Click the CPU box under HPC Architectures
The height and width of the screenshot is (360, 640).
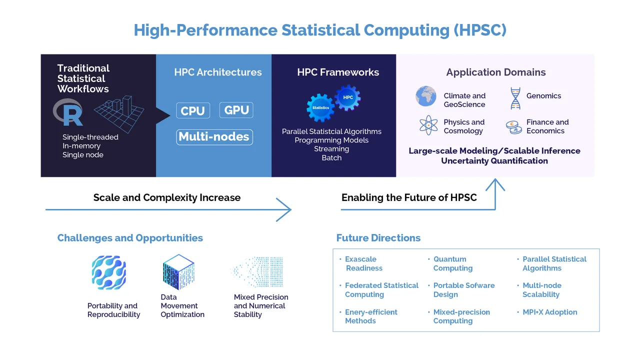193,110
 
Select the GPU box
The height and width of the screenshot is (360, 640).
236,110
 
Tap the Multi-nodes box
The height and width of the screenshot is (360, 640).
214,137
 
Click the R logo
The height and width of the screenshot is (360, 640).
68,112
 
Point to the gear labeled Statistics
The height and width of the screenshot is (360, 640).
320,107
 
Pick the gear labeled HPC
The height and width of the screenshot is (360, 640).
347,97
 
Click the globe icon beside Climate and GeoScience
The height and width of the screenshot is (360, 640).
425,96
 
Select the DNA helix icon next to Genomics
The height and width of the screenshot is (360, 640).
515,98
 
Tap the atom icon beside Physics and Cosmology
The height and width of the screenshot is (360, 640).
428,125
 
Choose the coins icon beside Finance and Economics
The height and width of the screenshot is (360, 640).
514,127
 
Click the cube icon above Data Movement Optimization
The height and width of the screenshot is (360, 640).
178,272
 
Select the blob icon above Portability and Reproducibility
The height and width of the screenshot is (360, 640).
109,272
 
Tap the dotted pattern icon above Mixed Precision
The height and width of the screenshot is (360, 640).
257,272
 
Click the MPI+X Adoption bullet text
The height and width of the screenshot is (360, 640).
549,312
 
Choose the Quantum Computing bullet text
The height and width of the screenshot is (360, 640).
453,263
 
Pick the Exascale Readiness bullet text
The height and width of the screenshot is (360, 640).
363,263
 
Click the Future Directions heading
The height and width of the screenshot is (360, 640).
378,237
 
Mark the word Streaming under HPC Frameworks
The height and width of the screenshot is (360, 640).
331,149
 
